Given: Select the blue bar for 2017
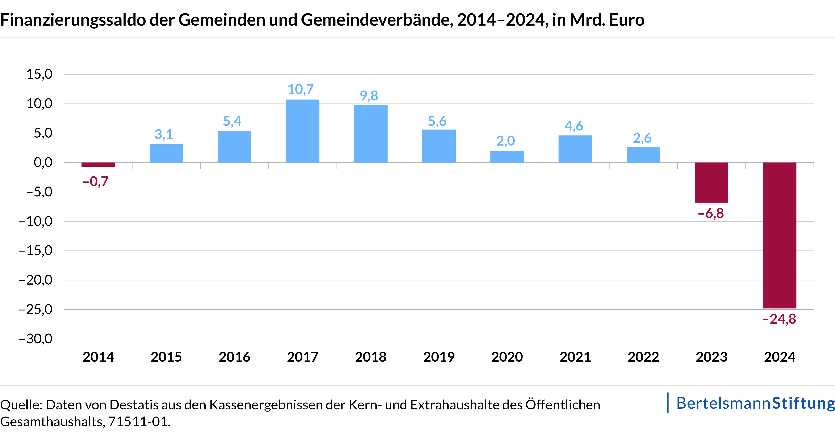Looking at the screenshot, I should pyautogui.click(x=303, y=131).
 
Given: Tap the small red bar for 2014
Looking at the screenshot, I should pyautogui.click(x=98, y=165).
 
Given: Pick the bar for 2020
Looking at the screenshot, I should pyautogui.click(x=507, y=157).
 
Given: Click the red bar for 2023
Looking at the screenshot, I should pyautogui.click(x=711, y=182).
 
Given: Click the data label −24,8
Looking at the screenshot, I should pyautogui.click(x=779, y=319).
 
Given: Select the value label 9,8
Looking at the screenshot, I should pyautogui.click(x=369, y=96).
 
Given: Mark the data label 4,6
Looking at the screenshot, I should pyautogui.click(x=574, y=126).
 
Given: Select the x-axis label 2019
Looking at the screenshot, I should pyautogui.click(x=439, y=357).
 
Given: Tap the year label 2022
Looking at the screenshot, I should pyautogui.click(x=643, y=357).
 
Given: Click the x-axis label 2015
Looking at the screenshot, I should pyautogui.click(x=166, y=357).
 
